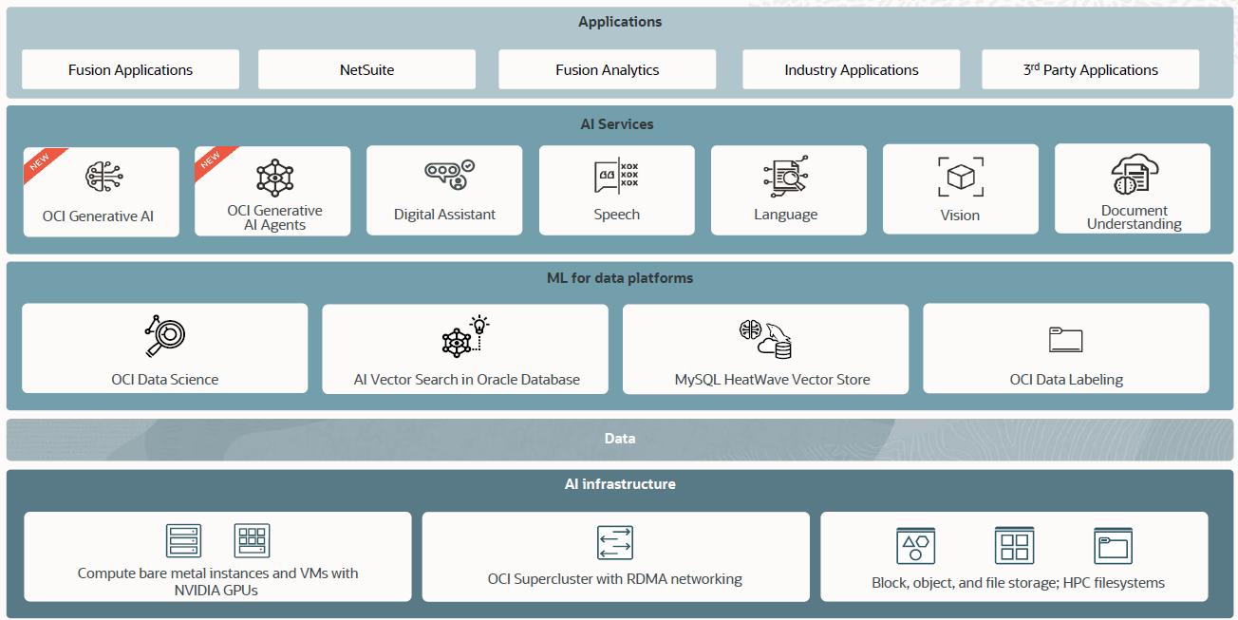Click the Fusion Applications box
130,69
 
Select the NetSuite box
366,69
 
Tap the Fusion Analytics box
607,69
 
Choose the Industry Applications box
851,69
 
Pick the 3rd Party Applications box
1090,69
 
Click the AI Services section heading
617,124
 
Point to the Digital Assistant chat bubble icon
448,175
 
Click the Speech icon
616,176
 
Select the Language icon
785,176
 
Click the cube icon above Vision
960,177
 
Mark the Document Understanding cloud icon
1133,174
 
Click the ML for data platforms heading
619,278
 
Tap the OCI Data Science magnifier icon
165,335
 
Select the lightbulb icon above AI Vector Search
479,325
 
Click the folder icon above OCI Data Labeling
1065,340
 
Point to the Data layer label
619,439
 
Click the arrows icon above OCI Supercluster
615,542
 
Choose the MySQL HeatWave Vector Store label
772,380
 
